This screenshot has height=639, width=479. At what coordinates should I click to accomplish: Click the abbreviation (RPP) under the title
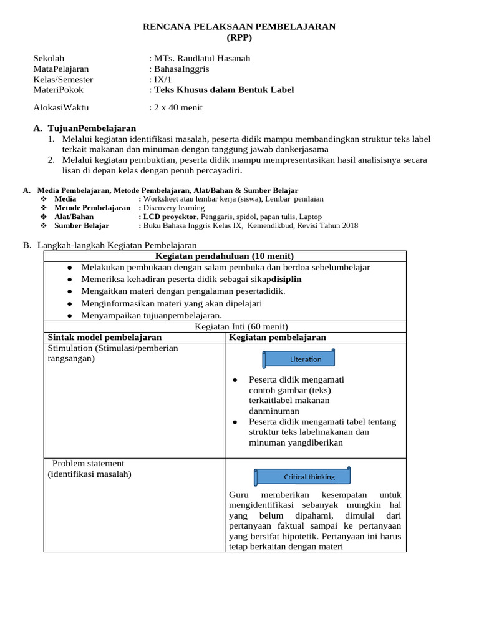[x=239, y=37]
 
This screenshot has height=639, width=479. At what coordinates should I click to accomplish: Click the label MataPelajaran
[x=61, y=69]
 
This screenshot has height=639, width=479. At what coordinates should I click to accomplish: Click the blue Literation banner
[x=299, y=359]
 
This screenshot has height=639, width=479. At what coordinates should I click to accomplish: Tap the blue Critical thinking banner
[x=302, y=477]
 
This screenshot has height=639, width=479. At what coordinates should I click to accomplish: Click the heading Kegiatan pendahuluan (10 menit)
[x=225, y=256]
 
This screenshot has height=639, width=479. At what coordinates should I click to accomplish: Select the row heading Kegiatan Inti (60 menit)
[x=241, y=326]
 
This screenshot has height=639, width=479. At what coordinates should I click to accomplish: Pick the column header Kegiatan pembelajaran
[x=278, y=338]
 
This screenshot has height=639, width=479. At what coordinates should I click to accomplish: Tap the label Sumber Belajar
[x=82, y=225]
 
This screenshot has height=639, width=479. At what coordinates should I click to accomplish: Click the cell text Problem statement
[x=88, y=464]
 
